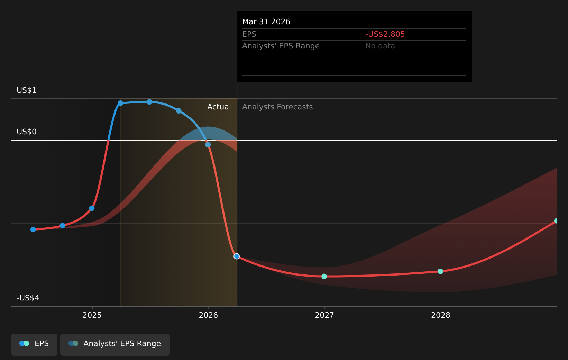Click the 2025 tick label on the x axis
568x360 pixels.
92,315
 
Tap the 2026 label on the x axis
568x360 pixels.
208,315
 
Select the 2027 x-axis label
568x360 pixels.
324,315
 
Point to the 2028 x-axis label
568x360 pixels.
441,315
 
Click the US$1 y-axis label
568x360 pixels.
27,90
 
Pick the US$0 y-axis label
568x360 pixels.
27,132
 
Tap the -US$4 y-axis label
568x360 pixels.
28,298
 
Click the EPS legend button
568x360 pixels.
34,344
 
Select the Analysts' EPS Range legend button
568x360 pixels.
115,344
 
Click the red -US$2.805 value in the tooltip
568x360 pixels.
385,34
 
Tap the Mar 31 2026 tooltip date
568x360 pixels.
266,22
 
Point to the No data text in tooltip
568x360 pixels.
380,46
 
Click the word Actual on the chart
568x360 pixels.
219,107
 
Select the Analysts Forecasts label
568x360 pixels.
277,107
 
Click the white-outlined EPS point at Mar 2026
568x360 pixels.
237,256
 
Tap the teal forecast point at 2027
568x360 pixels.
324,276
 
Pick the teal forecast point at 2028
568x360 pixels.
440,271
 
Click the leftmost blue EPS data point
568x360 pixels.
33,229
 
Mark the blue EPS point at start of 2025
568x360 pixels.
92,208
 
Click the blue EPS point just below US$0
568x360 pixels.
208,145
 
